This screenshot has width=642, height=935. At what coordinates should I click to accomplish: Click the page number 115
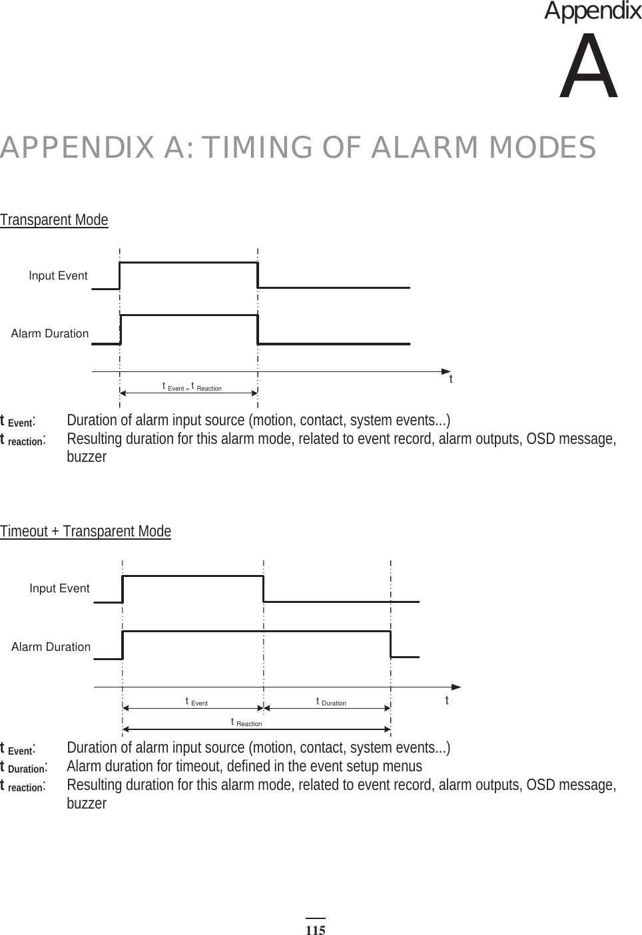click(316, 930)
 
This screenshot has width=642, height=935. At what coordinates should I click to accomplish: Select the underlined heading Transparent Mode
click(54, 220)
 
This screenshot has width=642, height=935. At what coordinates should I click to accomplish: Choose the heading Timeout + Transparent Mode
click(85, 531)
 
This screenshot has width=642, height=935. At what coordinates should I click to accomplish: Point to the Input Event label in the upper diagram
click(58, 276)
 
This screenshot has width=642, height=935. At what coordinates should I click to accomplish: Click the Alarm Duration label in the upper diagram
click(50, 333)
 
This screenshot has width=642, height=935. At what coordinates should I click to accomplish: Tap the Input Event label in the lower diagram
click(59, 588)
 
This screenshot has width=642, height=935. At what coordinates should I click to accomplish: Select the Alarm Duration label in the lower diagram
click(51, 647)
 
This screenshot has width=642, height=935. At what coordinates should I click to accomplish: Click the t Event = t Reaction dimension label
click(192, 387)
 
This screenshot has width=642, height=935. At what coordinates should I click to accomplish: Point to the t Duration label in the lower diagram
click(331, 701)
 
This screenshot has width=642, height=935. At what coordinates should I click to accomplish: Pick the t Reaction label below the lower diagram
click(246, 723)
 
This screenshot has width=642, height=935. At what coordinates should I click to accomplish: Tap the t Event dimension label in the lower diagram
click(196, 701)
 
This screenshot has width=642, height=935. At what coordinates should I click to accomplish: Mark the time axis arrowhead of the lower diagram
click(456, 686)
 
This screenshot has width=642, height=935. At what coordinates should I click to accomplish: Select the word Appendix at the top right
click(593, 11)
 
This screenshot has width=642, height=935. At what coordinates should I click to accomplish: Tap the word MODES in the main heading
click(542, 148)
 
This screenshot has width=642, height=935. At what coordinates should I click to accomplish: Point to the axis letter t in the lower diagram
click(447, 701)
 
